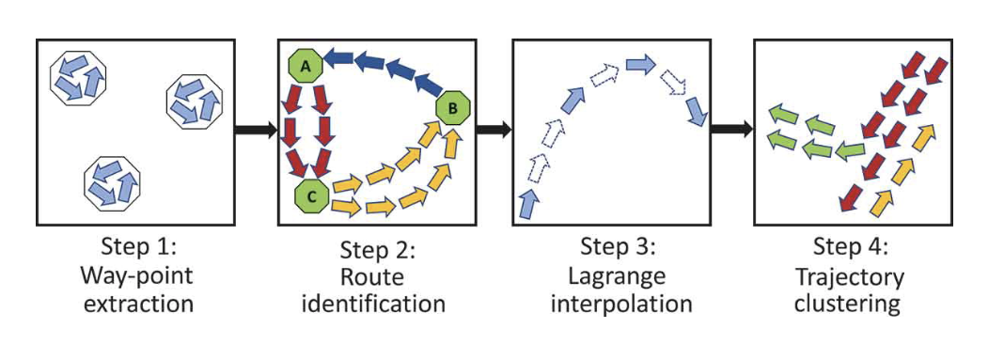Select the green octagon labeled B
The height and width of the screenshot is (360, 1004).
click(454, 109)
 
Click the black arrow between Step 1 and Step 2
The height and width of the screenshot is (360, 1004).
click(255, 130)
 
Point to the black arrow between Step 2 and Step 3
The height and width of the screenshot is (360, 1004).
click(490, 130)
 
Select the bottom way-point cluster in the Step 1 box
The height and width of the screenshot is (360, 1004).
click(111, 183)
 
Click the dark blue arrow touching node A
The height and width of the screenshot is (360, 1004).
click(339, 60)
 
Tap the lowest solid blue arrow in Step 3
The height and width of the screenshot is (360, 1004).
click(529, 203)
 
